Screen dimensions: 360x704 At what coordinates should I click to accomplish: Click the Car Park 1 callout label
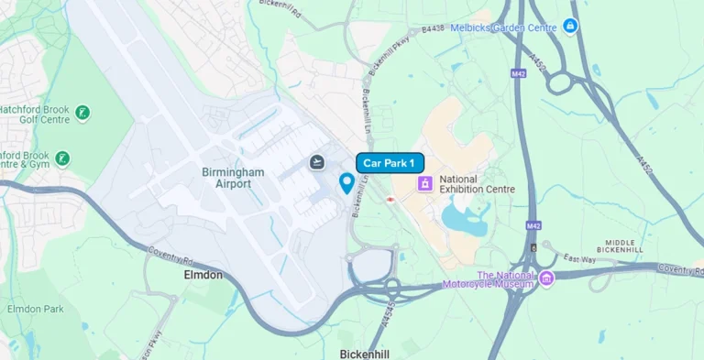pos(390,163)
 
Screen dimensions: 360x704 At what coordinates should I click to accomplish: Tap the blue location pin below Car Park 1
pos(346,183)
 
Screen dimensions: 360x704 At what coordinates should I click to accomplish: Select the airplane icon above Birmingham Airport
pos(317,162)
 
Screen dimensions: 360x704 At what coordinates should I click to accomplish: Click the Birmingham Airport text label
pos(233,178)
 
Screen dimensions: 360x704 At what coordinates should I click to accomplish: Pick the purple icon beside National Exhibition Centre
pos(425,183)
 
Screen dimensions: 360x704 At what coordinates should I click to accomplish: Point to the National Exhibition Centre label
pos(477,183)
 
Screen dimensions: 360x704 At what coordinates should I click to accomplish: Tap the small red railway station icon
pos(391,198)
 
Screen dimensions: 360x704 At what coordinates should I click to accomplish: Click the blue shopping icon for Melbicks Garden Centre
pos(570,26)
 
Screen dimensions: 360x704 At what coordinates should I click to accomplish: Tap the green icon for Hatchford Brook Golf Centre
pos(83,113)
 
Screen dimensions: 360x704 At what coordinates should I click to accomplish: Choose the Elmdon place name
pos(203,274)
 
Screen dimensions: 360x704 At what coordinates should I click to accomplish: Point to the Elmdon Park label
pos(35,309)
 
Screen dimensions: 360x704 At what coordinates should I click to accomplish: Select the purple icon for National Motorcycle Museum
pos(546,278)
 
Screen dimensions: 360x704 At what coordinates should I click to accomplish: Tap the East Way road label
pos(579,259)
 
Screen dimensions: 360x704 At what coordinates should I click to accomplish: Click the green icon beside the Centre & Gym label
pos(62,158)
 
